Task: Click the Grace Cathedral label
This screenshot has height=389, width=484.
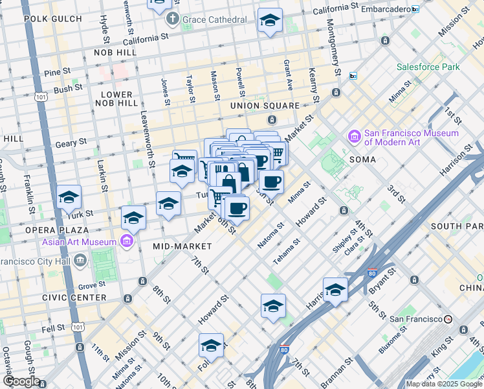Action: (x=214, y=20)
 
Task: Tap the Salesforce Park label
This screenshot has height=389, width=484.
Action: (x=428, y=67)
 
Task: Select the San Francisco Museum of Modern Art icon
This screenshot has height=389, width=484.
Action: (x=354, y=137)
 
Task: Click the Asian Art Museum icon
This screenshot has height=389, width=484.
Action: (x=126, y=242)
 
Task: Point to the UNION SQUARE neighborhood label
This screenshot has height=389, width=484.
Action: (x=264, y=106)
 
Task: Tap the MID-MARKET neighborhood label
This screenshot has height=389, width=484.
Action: (x=182, y=246)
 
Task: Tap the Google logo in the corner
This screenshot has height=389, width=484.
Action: (x=21, y=381)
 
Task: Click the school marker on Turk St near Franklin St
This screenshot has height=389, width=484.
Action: (x=69, y=198)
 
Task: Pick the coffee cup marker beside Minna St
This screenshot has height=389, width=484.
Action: (x=271, y=182)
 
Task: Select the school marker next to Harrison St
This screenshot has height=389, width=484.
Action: (x=335, y=290)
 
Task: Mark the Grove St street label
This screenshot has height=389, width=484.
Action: (x=92, y=285)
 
